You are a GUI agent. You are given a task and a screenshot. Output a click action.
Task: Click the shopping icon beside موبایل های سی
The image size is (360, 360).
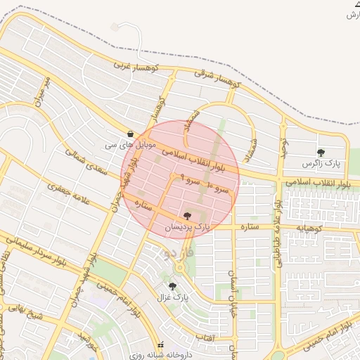pyautogui.click(x=130, y=134)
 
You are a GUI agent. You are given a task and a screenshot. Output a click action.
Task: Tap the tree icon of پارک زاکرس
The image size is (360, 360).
pyautogui.click(x=321, y=152)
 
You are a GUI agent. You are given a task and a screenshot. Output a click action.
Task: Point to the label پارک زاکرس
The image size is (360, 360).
pyautogui.click(x=321, y=163)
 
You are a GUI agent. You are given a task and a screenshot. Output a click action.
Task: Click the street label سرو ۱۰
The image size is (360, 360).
pyautogui.click(x=218, y=188)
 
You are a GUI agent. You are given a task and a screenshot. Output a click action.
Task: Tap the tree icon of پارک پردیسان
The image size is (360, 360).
pyautogui.click(x=187, y=216)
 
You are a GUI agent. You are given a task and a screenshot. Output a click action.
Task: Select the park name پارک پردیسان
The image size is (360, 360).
pyautogui.click(x=187, y=227)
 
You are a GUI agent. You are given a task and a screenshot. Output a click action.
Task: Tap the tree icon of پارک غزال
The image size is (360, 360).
pyautogui.click(x=173, y=286)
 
